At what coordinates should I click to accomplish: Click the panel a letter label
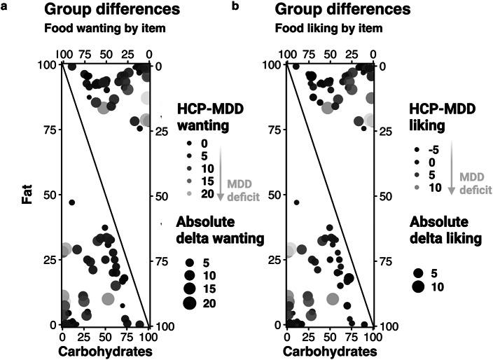[4, 6]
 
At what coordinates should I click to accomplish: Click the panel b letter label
[235, 6]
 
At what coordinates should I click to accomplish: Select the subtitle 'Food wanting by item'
[105, 28]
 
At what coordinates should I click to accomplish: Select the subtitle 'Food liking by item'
[328, 28]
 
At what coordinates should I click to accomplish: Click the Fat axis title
[28, 195]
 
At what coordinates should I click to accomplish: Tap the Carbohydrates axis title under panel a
[105, 352]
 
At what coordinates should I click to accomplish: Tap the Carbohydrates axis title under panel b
[330, 352]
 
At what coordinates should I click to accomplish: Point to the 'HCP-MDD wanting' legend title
[210, 117]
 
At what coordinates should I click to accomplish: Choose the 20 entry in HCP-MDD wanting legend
[207, 194]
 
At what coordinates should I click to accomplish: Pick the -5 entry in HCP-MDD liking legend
[433, 150]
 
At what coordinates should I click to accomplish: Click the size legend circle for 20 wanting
[190, 303]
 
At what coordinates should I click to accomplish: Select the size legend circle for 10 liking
[419, 286]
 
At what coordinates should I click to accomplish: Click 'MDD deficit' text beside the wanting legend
[244, 191]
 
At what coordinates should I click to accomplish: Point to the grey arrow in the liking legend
[452, 167]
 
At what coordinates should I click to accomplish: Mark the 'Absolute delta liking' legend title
[445, 230]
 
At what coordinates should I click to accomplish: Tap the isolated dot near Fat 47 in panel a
[72, 202]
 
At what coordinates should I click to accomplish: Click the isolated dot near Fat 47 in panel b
[296, 202]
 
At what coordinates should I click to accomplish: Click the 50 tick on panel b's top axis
[330, 55]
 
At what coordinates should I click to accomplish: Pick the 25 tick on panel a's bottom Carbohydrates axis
[83, 338]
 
